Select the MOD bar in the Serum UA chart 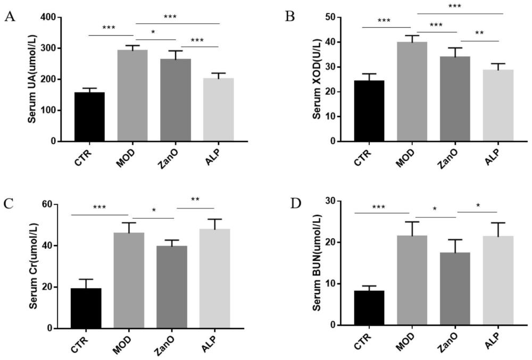tap(132, 96)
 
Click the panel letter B tap(290, 17)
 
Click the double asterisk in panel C tap(195, 200)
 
